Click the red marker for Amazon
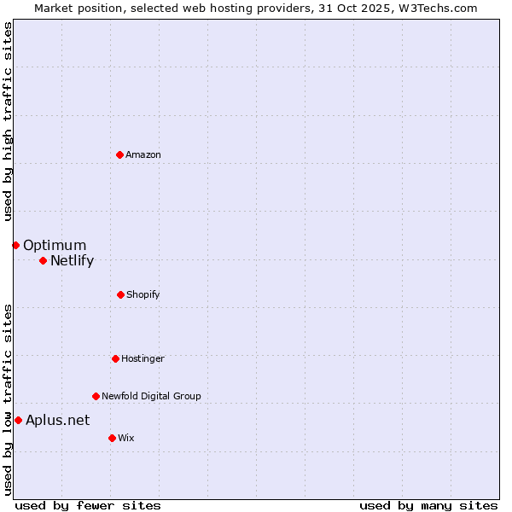click(x=119, y=154)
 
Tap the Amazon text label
click(x=143, y=154)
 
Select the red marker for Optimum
click(x=15, y=245)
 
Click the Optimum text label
click(x=55, y=246)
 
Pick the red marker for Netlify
click(x=43, y=260)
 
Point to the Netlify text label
click(x=72, y=261)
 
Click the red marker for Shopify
click(x=120, y=294)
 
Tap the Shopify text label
click(x=143, y=294)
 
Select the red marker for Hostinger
click(x=115, y=358)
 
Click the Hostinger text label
click(x=143, y=358)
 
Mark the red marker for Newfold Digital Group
click(x=96, y=396)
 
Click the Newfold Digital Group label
click(x=151, y=396)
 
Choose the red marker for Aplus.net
click(x=18, y=420)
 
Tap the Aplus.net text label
click(x=57, y=420)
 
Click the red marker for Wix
click(x=112, y=438)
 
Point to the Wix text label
click(x=126, y=438)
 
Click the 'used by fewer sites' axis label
click(x=88, y=505)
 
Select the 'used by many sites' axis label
click(x=428, y=505)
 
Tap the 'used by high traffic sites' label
click(x=8, y=121)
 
